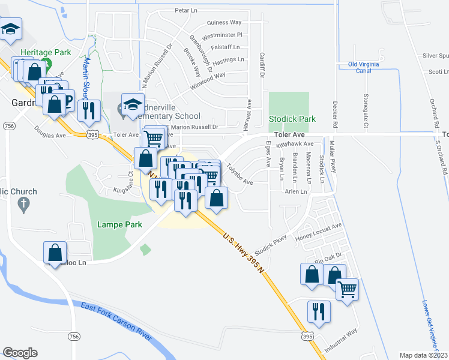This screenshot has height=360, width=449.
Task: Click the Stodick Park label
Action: point(292,119)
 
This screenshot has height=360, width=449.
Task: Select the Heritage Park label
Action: point(46,53)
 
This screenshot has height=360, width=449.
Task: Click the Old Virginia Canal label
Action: point(367,67)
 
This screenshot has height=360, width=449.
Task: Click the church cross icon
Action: point(25,205)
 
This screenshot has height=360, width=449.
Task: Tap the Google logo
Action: point(20,353)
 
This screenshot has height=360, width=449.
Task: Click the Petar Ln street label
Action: point(185,11)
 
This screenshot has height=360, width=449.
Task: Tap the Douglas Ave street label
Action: point(50,132)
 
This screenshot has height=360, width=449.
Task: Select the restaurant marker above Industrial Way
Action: point(319,311)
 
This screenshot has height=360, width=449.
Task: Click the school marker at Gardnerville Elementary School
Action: point(133,103)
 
